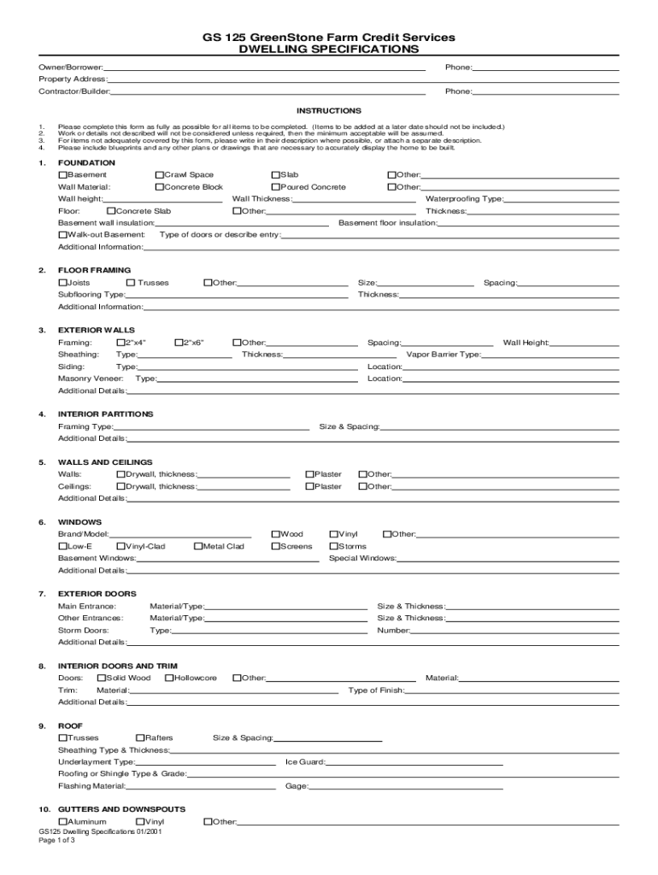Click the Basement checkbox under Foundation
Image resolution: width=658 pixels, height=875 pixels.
62,175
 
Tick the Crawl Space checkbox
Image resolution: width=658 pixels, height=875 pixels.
159,175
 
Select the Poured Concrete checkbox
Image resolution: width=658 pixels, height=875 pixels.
275,187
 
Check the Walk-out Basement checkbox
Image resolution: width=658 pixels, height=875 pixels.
62,235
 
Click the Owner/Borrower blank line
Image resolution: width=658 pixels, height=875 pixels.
265,68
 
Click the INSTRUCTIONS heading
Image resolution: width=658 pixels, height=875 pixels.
329,111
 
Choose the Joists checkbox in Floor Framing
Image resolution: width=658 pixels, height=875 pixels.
62,283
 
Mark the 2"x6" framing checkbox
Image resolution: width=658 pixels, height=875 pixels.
179,343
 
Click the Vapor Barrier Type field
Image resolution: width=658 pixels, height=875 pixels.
550,355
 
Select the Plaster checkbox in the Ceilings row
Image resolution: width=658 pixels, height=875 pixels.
310,487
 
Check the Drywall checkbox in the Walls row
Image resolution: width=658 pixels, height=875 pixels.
120,474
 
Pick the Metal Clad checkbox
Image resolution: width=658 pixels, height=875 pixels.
197,547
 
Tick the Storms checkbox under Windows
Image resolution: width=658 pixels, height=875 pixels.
333,547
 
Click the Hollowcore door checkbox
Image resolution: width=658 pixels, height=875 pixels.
168,678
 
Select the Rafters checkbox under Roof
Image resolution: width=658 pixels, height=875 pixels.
140,738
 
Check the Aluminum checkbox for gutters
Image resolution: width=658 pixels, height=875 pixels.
62,822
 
